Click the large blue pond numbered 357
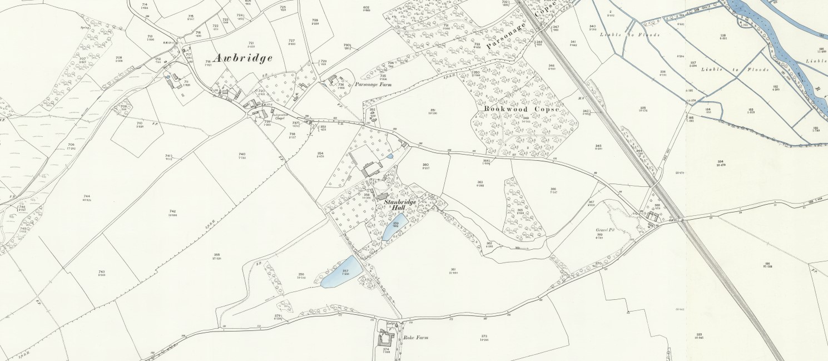coord(341,272)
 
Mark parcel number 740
coord(241,154)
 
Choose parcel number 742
coord(172,211)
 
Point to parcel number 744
coord(87,196)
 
